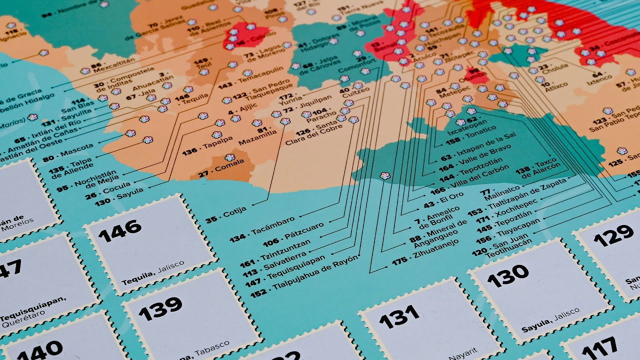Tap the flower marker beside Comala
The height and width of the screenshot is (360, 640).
point(230,157)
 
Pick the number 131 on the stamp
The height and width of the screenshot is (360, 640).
point(399,316)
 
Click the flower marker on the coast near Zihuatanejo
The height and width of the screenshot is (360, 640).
point(384,175)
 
